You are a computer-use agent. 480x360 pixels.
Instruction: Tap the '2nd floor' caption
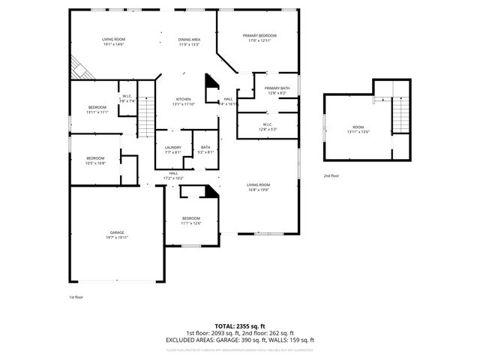pos(331,175)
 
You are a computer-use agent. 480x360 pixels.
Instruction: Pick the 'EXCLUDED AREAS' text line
pos(239,340)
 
